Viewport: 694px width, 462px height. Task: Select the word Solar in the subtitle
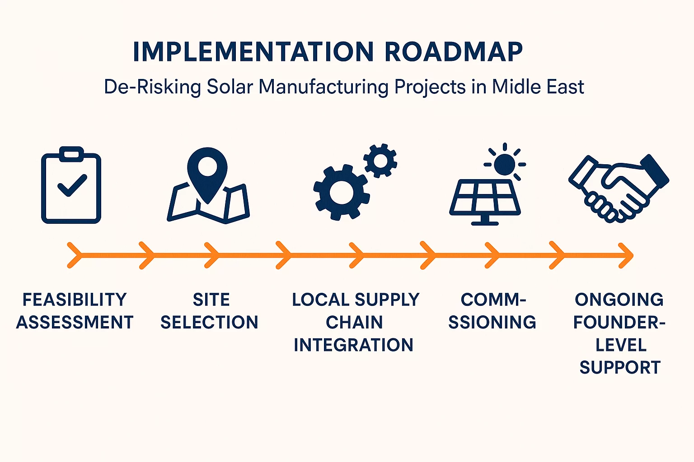click(x=230, y=87)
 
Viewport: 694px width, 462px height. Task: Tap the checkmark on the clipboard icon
click(x=71, y=185)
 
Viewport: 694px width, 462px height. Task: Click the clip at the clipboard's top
click(x=71, y=154)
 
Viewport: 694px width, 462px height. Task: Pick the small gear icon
click(x=380, y=161)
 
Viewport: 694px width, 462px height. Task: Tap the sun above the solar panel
click(x=504, y=163)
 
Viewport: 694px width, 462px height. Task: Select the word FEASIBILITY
click(x=75, y=300)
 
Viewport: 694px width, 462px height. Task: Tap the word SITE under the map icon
click(x=211, y=300)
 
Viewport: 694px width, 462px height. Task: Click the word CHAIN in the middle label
click(x=354, y=322)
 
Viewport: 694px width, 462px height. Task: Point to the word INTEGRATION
click(x=354, y=345)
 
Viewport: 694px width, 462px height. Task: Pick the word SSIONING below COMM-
click(x=492, y=322)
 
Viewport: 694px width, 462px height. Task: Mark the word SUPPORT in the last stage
click(x=620, y=367)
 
